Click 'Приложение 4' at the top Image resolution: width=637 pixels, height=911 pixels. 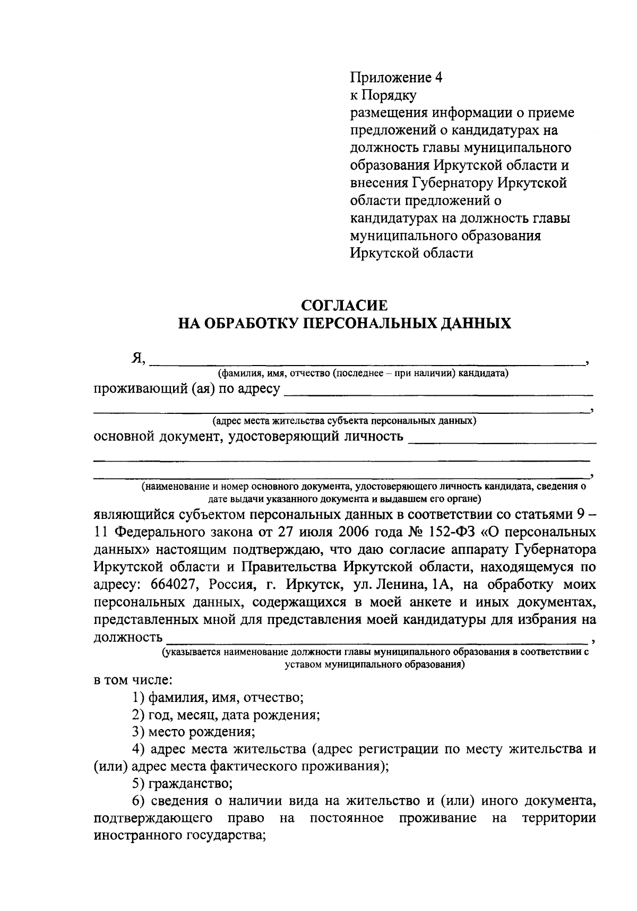click(395, 78)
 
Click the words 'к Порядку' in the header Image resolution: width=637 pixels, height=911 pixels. click(382, 96)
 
